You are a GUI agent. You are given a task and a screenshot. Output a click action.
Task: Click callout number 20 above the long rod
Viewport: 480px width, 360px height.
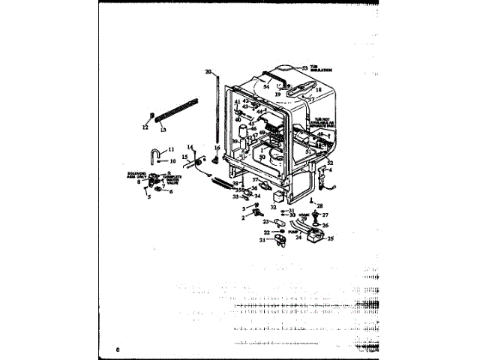(x=208, y=72)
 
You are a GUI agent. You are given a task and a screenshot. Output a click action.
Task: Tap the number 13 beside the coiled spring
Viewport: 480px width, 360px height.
(x=163, y=129)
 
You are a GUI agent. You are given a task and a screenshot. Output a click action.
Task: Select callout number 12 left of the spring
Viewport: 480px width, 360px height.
(x=146, y=127)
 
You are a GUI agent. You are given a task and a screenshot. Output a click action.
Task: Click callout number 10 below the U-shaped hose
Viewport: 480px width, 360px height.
(x=172, y=161)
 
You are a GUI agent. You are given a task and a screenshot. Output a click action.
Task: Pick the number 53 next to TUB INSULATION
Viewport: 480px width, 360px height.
(x=305, y=68)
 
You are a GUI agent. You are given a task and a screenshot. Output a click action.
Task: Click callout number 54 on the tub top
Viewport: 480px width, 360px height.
(x=266, y=87)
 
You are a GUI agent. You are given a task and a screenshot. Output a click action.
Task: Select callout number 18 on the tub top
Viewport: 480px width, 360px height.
(x=318, y=90)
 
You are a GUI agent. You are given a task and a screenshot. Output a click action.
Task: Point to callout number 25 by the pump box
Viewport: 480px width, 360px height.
(x=330, y=239)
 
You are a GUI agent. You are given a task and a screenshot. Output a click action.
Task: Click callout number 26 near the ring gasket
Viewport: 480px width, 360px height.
(x=325, y=225)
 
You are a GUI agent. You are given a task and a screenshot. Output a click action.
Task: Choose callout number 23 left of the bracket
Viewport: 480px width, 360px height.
(x=265, y=222)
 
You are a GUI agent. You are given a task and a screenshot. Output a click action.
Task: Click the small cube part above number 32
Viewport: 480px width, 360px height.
(x=280, y=195)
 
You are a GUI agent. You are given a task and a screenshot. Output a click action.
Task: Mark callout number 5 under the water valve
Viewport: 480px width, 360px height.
(x=149, y=196)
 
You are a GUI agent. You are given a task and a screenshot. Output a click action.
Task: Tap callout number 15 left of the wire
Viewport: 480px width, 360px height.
(x=184, y=157)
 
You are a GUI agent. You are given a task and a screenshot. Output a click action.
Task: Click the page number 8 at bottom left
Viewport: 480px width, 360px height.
(x=118, y=350)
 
